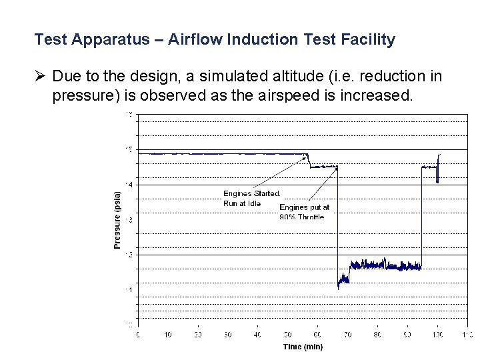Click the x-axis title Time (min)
click(302, 347)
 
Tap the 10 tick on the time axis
click(167, 334)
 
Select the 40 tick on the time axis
click(258, 334)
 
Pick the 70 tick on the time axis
click(347, 334)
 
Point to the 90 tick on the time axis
click(407, 334)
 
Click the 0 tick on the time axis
click(138, 334)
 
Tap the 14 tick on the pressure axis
click(128, 185)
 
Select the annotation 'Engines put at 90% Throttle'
click(303, 212)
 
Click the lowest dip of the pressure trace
click(339, 287)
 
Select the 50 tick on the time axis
click(287, 334)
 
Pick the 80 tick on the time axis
click(377, 334)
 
